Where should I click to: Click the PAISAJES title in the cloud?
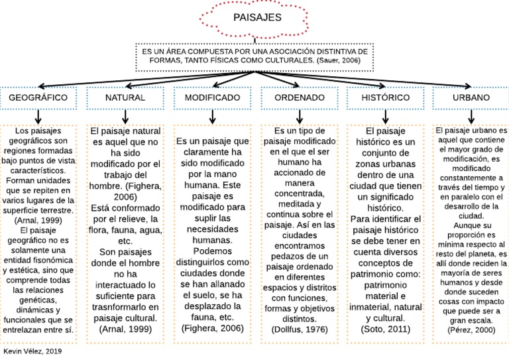click(257, 17)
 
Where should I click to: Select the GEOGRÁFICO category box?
click(38, 97)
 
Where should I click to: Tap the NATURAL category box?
click(125, 97)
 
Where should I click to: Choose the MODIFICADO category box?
click(212, 97)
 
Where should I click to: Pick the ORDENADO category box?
click(299, 97)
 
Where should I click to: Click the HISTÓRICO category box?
click(386, 97)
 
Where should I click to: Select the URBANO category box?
click(471, 97)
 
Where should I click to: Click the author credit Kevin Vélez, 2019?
click(32, 351)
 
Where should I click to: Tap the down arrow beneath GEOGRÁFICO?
click(38, 117)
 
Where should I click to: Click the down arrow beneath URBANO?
click(471, 117)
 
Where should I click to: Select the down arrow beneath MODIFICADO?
click(212, 117)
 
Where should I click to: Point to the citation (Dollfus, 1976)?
click(299, 329)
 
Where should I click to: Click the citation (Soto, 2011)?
click(386, 329)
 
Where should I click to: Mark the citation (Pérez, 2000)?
click(471, 329)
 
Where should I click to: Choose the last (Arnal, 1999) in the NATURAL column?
click(125, 329)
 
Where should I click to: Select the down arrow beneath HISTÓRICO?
click(386, 117)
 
